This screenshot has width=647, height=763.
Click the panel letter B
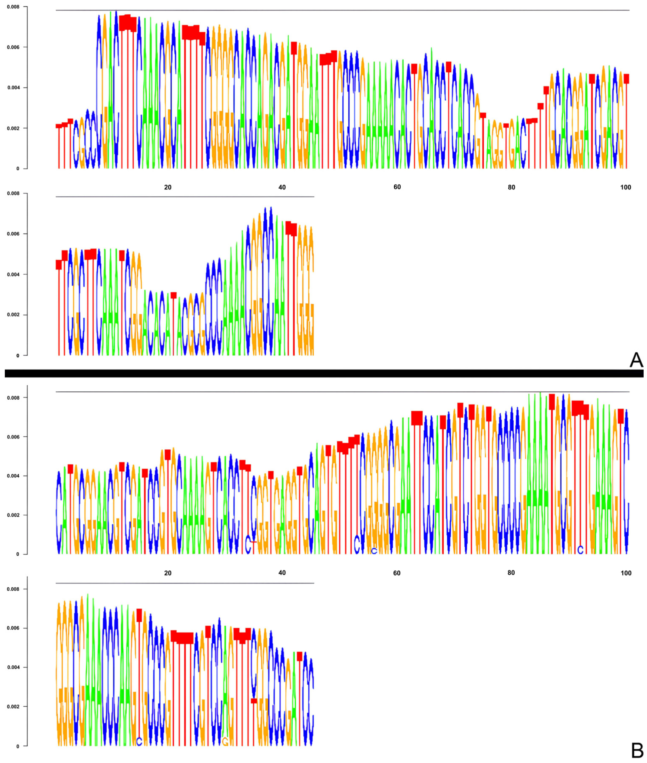click(637, 751)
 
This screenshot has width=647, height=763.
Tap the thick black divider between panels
click(323, 373)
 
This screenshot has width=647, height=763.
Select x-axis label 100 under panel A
click(625, 187)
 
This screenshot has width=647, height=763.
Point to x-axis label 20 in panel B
click(168, 573)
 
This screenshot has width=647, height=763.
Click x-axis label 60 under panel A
click(397, 187)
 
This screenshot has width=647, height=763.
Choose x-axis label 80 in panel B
click(511, 573)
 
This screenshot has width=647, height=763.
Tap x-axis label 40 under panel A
click(282, 187)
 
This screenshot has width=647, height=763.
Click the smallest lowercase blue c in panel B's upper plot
click(374, 551)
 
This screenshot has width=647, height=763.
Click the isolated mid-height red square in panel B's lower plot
click(254, 700)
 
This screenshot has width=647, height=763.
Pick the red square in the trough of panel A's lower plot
click(173, 295)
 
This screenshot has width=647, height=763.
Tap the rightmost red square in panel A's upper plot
click(626, 79)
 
